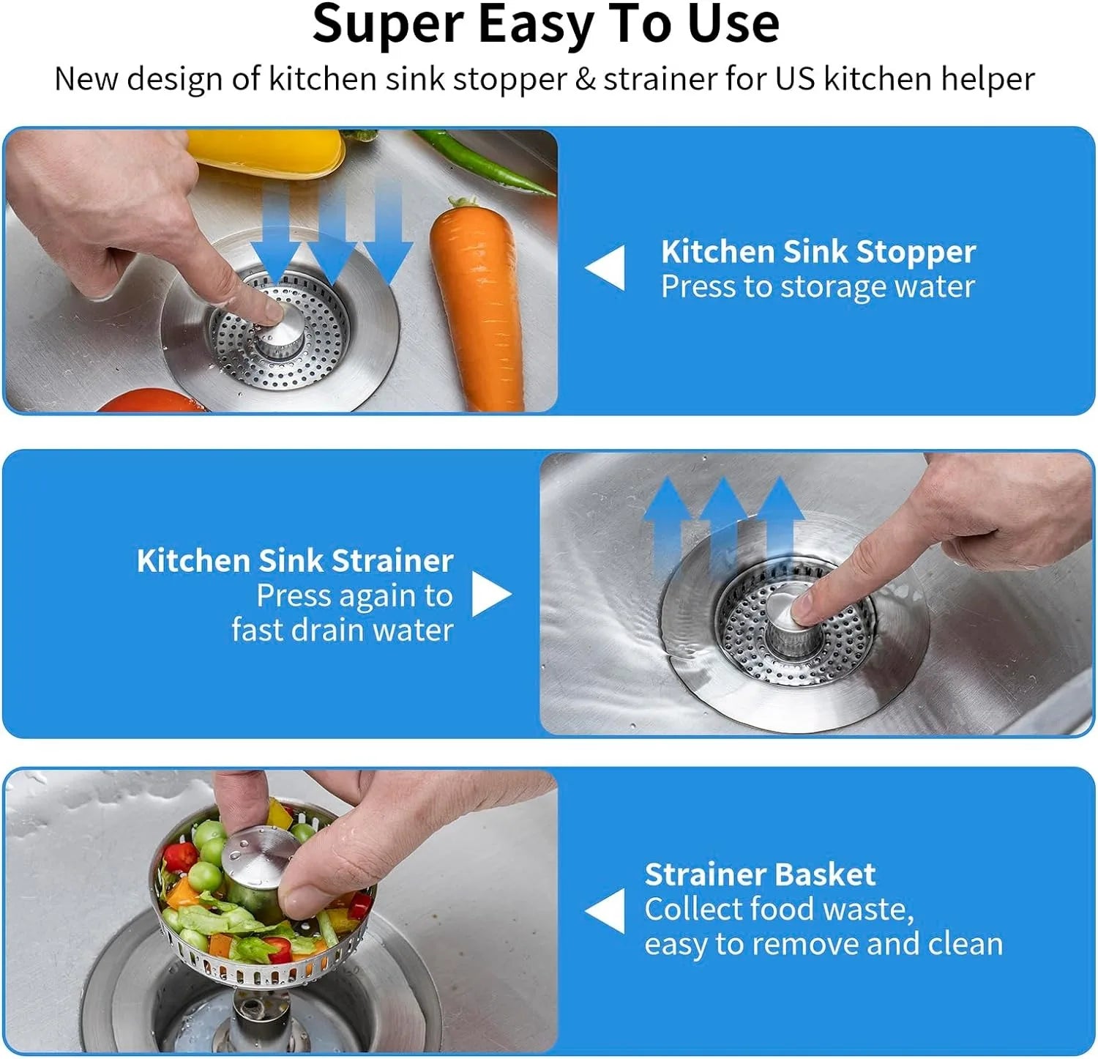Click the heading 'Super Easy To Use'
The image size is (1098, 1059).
[x=545, y=23]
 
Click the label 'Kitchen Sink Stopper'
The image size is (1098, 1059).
[x=818, y=251]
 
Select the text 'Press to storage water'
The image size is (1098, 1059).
[x=818, y=286]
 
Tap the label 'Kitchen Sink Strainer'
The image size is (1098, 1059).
[x=295, y=560]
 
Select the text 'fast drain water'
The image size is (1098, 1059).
[x=343, y=630]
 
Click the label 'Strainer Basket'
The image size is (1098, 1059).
[x=760, y=874]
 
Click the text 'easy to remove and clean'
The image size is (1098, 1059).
[x=823, y=944]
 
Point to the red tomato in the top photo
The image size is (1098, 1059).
[x=146, y=401]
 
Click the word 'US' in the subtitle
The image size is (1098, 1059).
[x=795, y=79]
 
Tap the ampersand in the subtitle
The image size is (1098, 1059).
[x=585, y=79]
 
